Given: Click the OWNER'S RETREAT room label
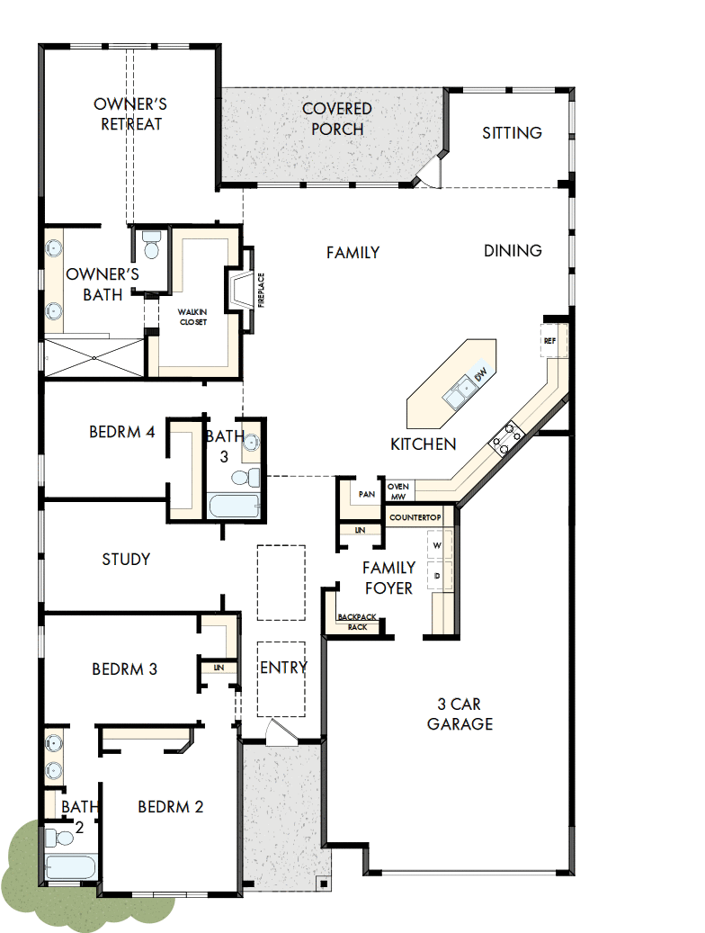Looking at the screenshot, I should click(x=131, y=114).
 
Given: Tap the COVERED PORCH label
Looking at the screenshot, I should click(x=337, y=119).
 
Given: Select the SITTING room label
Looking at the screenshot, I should click(x=512, y=133).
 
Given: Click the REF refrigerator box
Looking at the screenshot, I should click(x=550, y=341).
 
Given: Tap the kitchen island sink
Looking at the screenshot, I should click(x=464, y=390).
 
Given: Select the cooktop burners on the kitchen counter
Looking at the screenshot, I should click(x=506, y=437).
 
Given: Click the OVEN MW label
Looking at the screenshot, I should click(x=398, y=490).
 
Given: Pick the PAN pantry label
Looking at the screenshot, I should click(x=366, y=494).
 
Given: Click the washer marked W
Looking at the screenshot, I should click(x=438, y=545).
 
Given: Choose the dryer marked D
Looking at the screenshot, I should click(x=438, y=574).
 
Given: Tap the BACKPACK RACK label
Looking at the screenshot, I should click(x=357, y=622).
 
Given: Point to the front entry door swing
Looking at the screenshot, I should click(x=279, y=731).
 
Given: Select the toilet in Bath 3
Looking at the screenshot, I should click(x=247, y=477).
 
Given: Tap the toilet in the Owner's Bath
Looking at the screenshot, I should click(x=151, y=244).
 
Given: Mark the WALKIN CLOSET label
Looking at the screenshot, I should click(x=192, y=316).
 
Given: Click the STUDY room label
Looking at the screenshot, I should click(x=126, y=560).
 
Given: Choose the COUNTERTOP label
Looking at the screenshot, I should click(x=415, y=518).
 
